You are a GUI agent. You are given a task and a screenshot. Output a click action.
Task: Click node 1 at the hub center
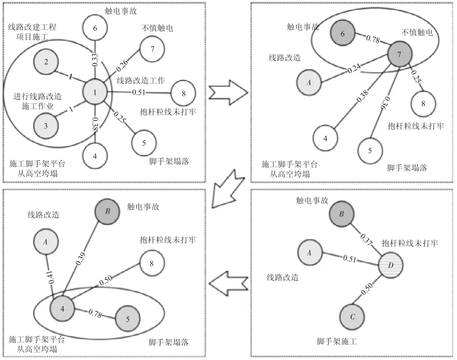pyautogui.click(x=95, y=92)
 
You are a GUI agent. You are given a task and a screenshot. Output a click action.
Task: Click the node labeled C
pyautogui.click(x=353, y=316)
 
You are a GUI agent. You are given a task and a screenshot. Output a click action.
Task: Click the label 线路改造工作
pyautogui.click(x=139, y=80)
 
